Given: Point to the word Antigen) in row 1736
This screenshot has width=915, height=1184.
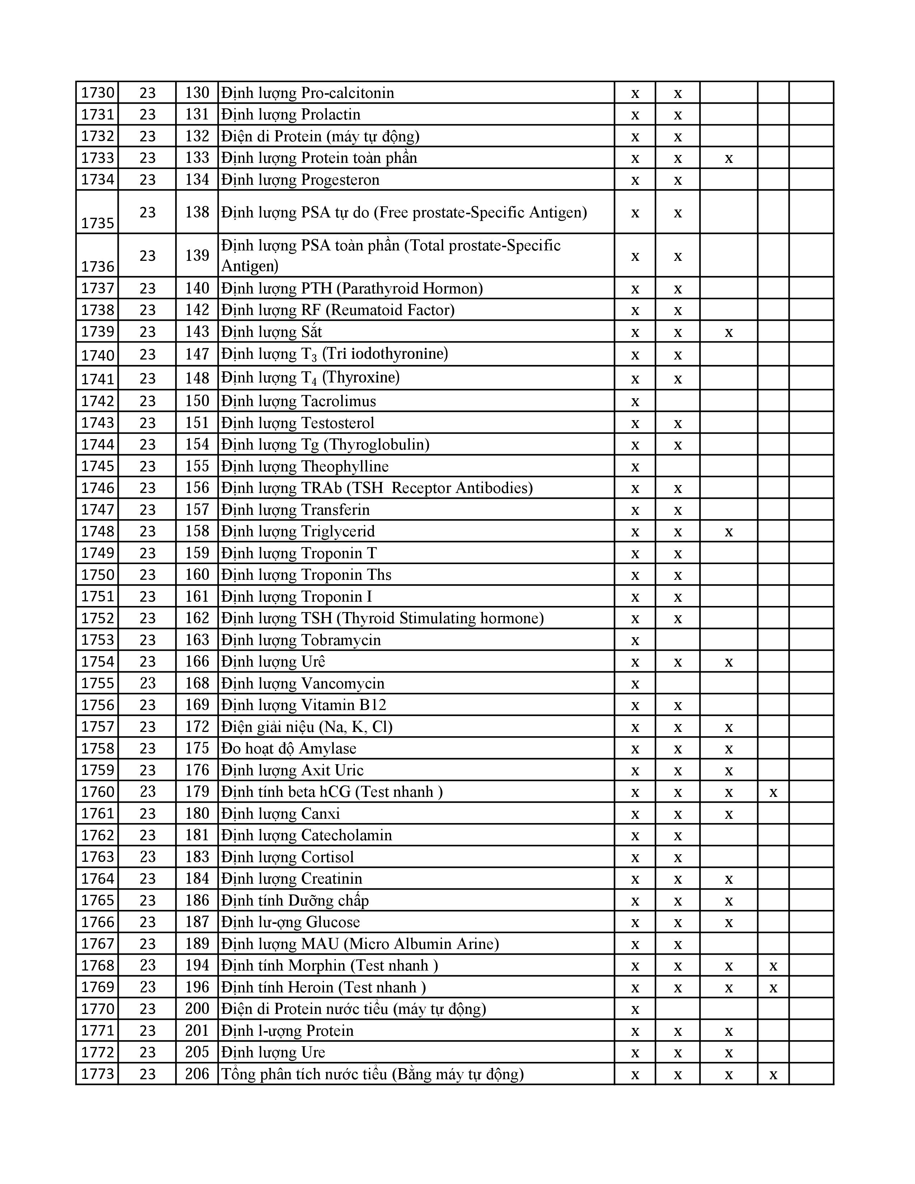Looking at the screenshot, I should click(250, 266).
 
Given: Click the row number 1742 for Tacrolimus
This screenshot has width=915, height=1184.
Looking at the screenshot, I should click(98, 401).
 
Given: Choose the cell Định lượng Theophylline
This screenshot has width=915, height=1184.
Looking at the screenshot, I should click(305, 466).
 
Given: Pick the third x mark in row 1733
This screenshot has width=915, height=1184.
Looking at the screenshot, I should click(728, 158).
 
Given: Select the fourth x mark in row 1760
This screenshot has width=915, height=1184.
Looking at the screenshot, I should click(773, 792).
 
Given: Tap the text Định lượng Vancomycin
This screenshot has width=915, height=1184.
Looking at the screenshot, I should click(302, 683).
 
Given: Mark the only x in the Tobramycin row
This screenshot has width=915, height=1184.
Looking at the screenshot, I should click(635, 640).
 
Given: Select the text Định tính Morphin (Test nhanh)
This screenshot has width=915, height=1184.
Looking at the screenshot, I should click(329, 965).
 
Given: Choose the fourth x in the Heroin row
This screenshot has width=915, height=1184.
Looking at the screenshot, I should click(773, 987).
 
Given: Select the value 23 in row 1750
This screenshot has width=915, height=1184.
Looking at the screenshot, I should click(147, 575).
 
